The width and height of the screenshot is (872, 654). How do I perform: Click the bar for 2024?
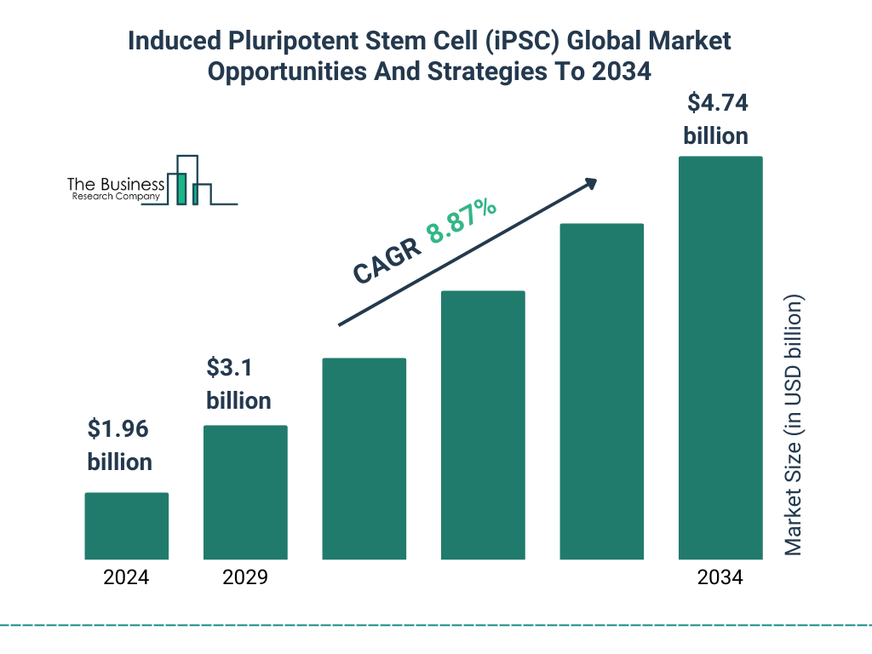(x=126, y=526)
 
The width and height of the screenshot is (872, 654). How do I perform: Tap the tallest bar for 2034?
(x=720, y=358)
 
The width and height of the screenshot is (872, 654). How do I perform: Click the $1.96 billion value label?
(x=120, y=445)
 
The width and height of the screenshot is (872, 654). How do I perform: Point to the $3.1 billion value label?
(x=238, y=384)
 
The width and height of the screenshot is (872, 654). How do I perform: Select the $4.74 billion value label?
(x=716, y=119)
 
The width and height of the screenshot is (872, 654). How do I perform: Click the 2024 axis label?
(x=126, y=577)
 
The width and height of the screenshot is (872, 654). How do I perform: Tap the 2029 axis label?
(x=245, y=577)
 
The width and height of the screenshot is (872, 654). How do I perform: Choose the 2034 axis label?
(x=720, y=577)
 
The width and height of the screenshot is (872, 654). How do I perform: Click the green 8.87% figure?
(x=462, y=221)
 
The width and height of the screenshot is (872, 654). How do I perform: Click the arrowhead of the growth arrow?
(x=589, y=183)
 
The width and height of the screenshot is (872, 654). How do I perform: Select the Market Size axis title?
(x=794, y=426)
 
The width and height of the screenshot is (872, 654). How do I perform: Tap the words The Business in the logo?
(x=116, y=184)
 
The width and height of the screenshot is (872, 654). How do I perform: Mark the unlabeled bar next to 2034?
(x=601, y=392)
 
